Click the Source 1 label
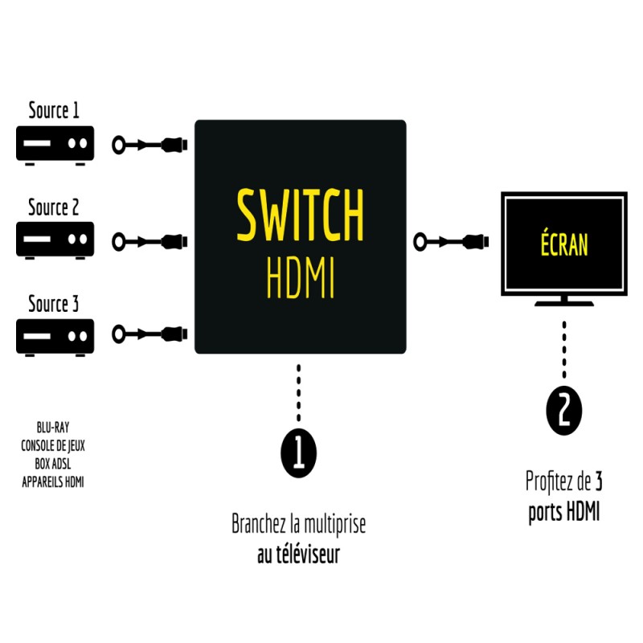(x=54, y=110)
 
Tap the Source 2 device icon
(x=55, y=240)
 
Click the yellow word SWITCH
(x=300, y=215)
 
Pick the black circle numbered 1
(x=299, y=452)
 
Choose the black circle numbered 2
(x=563, y=411)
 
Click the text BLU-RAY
(x=53, y=428)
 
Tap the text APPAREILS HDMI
(x=53, y=481)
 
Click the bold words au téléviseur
(x=298, y=555)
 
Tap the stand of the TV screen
(x=564, y=302)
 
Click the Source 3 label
(x=54, y=305)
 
